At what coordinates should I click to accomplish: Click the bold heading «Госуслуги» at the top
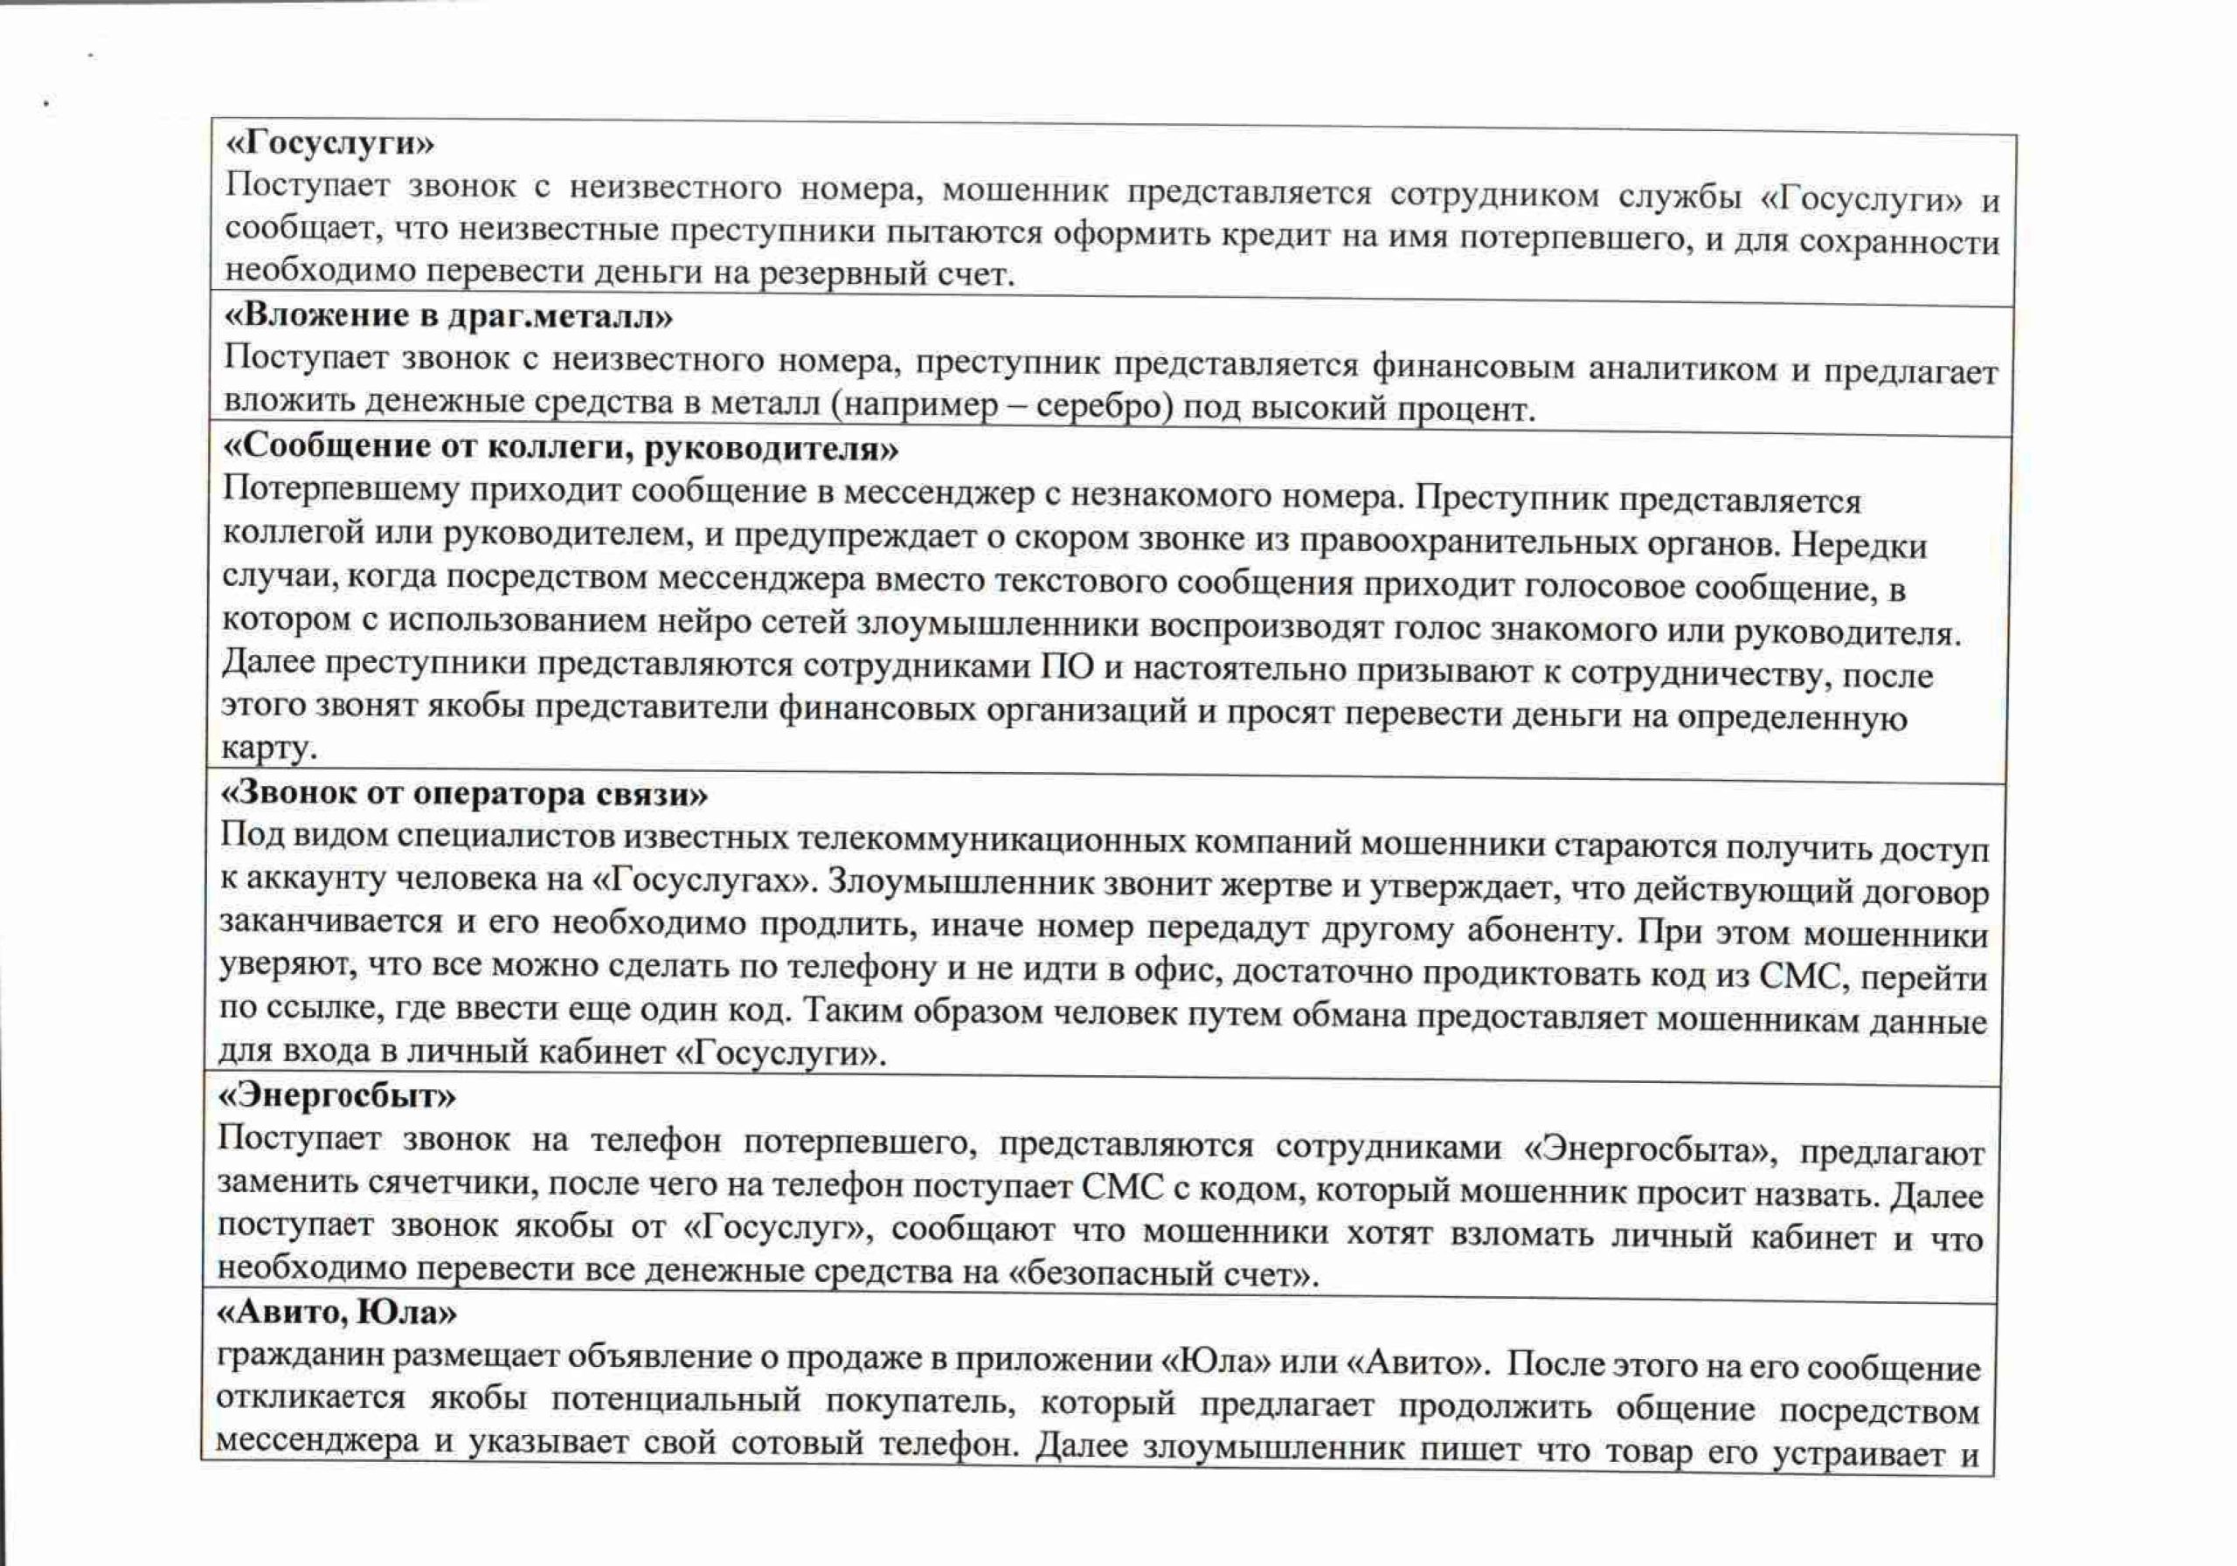click(x=330, y=144)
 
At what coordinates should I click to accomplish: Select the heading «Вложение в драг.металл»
click(x=448, y=315)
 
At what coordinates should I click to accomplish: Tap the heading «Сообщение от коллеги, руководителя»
click(x=560, y=447)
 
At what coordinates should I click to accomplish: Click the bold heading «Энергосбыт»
click(x=336, y=1097)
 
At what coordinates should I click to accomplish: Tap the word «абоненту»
click(x=1541, y=929)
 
